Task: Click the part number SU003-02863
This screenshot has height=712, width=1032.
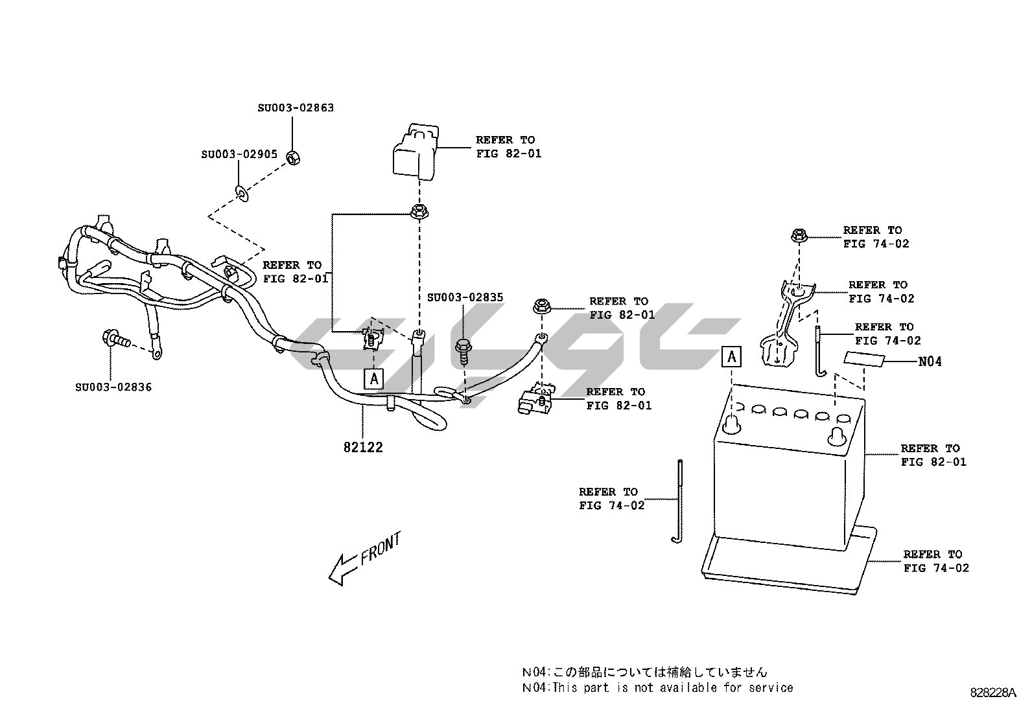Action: pyautogui.click(x=296, y=108)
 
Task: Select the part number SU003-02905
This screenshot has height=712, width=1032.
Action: pyautogui.click(x=239, y=154)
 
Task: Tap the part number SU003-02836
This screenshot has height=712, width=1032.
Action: pyautogui.click(x=113, y=387)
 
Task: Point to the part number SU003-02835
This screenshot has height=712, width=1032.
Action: pyautogui.click(x=465, y=297)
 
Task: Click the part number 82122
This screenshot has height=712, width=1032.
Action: pyautogui.click(x=363, y=447)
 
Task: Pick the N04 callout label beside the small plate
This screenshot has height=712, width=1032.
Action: pyautogui.click(x=930, y=362)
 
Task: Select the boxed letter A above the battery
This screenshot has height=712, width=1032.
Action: pyautogui.click(x=731, y=356)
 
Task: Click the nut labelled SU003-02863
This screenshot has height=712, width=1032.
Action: pyautogui.click(x=292, y=156)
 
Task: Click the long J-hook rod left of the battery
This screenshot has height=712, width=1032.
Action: pyautogui.click(x=679, y=502)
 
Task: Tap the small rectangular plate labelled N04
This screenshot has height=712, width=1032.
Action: pyautogui.click(x=863, y=360)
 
